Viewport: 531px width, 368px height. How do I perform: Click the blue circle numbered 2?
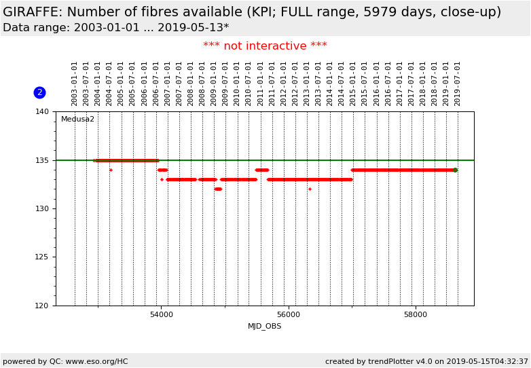coord(39,92)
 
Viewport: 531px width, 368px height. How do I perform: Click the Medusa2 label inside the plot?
coord(77,119)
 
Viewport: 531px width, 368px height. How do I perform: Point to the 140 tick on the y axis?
coord(42,111)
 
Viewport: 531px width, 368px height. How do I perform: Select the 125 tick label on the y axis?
coord(42,257)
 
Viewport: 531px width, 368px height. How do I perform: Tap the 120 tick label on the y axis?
coord(42,306)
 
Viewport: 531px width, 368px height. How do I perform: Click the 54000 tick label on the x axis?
coord(161,315)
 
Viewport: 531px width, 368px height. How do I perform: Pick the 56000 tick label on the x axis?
coord(289,315)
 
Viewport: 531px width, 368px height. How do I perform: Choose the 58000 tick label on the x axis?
coord(416,315)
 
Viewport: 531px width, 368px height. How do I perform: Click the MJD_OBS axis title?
coord(264,327)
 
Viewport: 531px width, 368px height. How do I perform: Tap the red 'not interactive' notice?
coord(265,46)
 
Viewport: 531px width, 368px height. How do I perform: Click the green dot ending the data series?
coord(455,170)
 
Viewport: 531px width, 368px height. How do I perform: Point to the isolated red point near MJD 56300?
coord(310,189)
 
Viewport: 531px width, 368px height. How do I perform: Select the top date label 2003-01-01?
coord(75,83)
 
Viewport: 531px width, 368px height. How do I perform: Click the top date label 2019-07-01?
coord(458,83)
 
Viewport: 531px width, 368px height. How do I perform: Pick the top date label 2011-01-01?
coord(261,83)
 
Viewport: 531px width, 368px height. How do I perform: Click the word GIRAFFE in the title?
coord(32,12)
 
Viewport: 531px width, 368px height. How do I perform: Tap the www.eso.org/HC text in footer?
coord(95,362)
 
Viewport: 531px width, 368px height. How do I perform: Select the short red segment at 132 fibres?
coord(218,189)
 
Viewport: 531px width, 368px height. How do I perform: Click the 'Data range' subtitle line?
coord(115,28)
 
